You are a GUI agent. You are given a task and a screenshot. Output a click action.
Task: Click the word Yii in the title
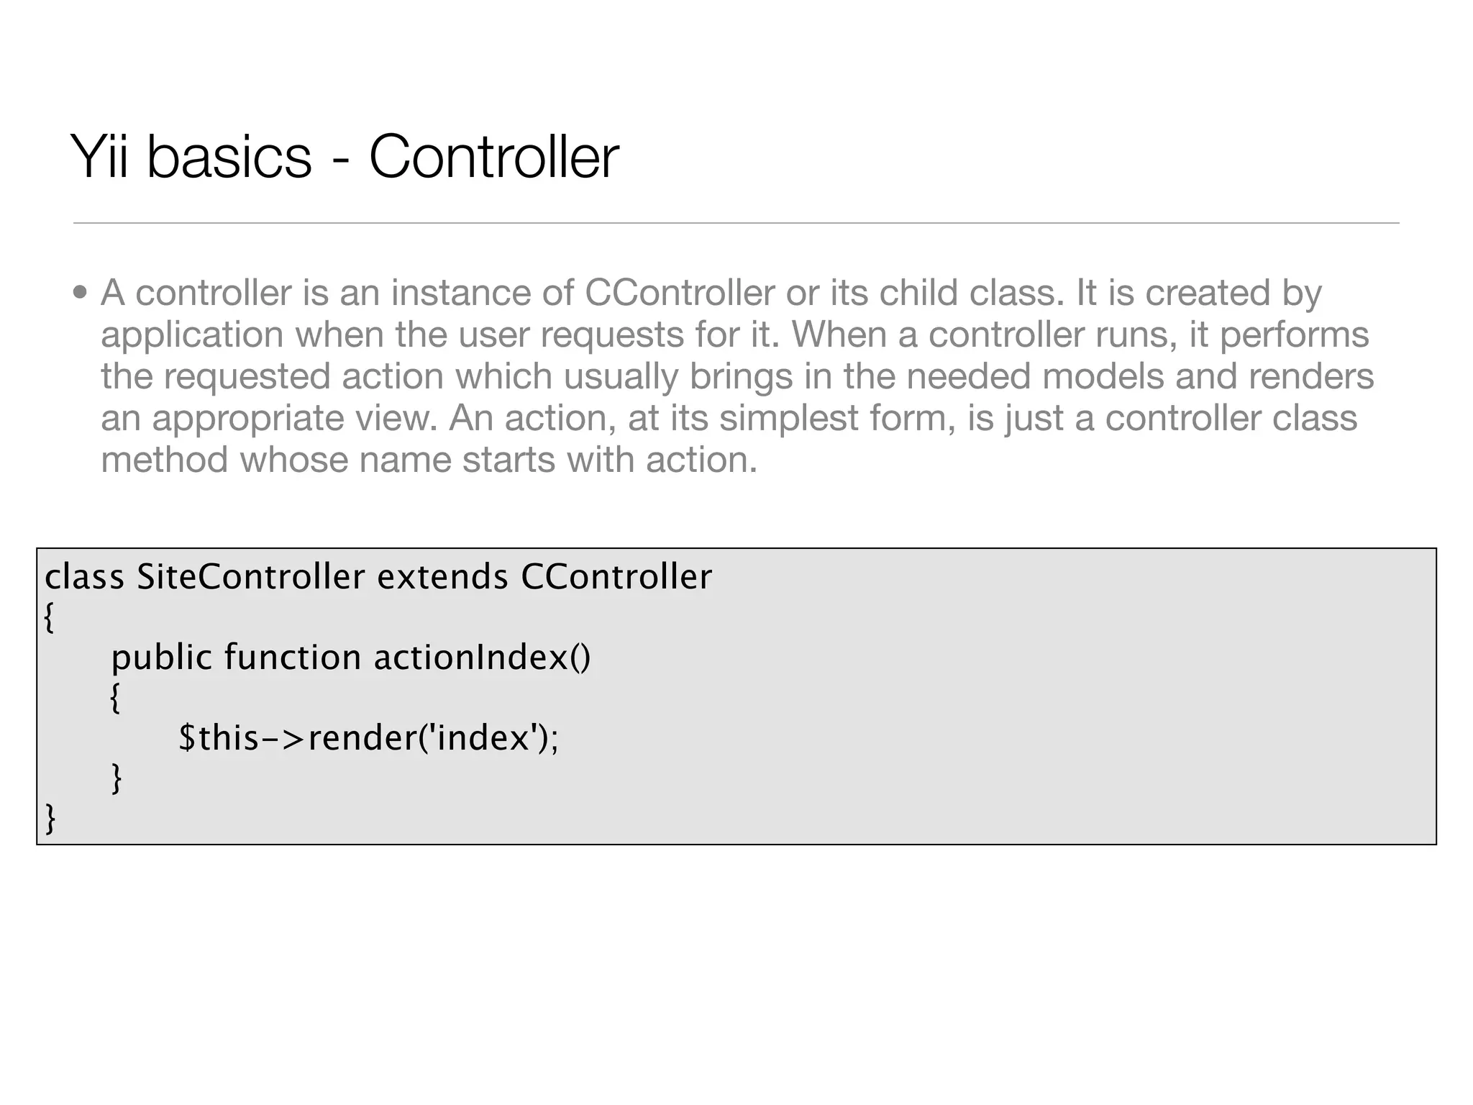100,157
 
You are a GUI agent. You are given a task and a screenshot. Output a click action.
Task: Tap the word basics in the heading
229,157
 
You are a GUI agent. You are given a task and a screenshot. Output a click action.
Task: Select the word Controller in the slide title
493,157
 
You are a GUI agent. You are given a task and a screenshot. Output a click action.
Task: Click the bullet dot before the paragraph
80,294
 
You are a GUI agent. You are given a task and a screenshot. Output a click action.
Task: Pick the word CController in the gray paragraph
680,293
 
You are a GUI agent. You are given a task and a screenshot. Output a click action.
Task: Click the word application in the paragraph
192,335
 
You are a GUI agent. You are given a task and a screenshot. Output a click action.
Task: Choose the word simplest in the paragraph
789,419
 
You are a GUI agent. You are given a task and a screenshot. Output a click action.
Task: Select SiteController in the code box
251,577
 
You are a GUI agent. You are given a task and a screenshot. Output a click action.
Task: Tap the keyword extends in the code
442,577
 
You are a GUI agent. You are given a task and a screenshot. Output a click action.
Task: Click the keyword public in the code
162,658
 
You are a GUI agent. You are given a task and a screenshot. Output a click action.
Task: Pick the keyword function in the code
292,658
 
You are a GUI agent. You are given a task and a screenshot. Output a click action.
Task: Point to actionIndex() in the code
482,658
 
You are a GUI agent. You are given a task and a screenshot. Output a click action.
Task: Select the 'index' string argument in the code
483,738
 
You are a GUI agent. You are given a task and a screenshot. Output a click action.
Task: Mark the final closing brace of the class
50,819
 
